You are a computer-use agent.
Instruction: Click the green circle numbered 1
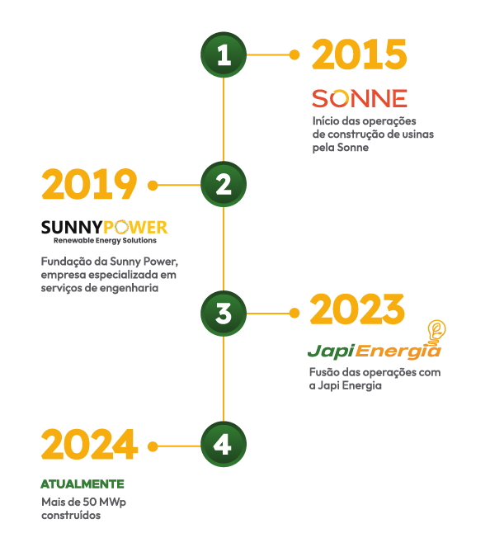(x=224, y=54)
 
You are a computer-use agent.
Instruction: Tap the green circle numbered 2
(x=224, y=184)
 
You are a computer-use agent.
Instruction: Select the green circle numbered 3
(x=224, y=314)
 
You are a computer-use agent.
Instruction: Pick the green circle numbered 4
(x=224, y=444)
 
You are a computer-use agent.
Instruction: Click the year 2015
(x=360, y=54)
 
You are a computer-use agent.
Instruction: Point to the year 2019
(x=89, y=184)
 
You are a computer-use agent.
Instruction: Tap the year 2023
(x=357, y=309)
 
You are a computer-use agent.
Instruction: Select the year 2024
(x=89, y=444)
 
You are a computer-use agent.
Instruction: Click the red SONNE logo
(x=360, y=98)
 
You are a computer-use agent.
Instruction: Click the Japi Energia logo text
(x=375, y=351)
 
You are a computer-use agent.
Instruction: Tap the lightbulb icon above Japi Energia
(x=436, y=331)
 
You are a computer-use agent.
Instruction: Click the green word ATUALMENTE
(x=82, y=484)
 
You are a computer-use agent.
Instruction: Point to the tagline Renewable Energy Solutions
(x=105, y=240)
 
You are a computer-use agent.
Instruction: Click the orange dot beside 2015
(x=294, y=54)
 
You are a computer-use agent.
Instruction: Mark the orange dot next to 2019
(x=153, y=185)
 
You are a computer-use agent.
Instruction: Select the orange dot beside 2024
(x=153, y=446)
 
